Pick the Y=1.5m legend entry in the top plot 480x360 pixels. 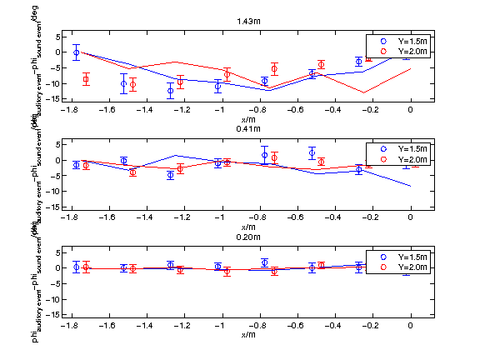coord(403,40)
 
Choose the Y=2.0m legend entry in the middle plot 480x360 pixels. coord(403,158)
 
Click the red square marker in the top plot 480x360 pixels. coord(86,80)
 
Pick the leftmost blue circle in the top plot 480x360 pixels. coord(76,52)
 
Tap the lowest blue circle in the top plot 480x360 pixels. coord(171,91)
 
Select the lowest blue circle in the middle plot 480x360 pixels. coord(171,175)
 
